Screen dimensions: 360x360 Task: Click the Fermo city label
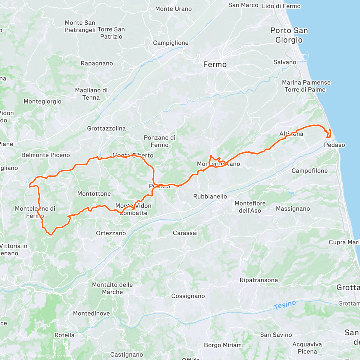coord(215,64)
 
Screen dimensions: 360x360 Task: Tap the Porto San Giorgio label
coord(289,35)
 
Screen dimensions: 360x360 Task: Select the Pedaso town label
coord(334,145)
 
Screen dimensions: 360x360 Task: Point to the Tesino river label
coord(285,305)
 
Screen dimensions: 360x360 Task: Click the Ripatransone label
coord(259,280)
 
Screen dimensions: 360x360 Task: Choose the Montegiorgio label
coord(43,101)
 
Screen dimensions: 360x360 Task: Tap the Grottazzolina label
coord(106,128)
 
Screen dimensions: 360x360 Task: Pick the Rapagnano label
coord(97,63)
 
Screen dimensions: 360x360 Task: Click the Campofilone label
coord(310,171)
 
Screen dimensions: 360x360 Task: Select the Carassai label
coord(185,233)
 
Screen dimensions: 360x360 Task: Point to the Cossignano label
coord(188,296)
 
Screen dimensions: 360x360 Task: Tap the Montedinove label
coord(91,313)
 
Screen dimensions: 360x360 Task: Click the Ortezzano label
coord(111,233)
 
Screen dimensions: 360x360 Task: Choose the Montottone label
coord(94,193)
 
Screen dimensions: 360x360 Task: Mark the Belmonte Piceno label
coord(46,155)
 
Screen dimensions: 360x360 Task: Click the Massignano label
coord(293,208)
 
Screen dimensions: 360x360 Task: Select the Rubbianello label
coord(210,196)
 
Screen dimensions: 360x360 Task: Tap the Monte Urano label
coord(173,9)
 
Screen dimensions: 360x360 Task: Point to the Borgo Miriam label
coord(223,345)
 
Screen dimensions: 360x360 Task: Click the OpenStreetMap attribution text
coord(63,356)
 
